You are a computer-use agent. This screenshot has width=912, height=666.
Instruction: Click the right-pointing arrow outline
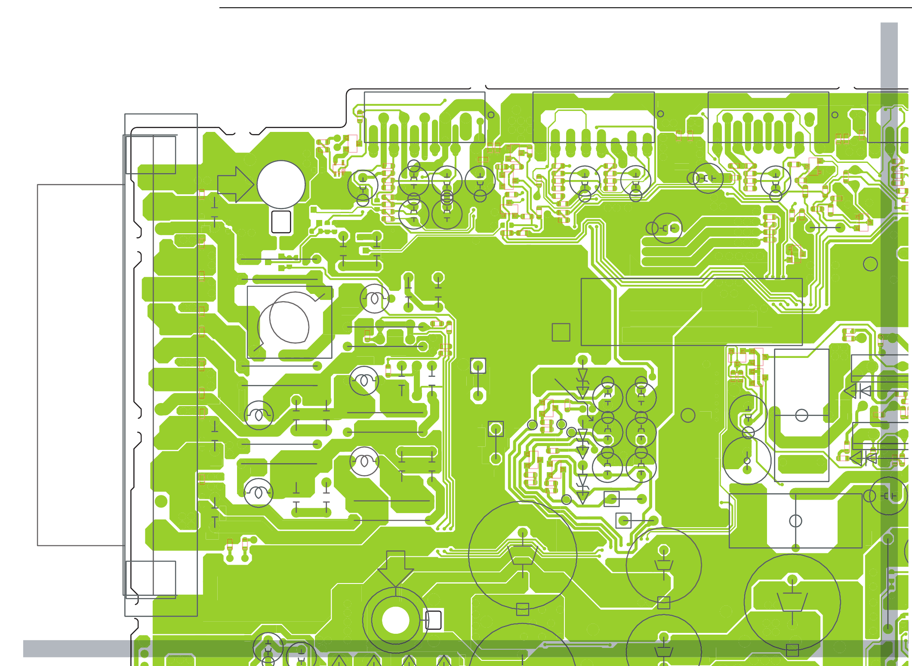(x=235, y=185)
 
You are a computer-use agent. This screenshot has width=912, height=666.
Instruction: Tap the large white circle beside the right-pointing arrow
(x=281, y=185)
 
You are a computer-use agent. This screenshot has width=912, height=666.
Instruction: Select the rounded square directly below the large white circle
(x=281, y=222)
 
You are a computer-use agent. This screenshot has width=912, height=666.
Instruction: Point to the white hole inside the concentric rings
(x=395, y=620)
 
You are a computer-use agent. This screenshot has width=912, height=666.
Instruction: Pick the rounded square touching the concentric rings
(x=434, y=620)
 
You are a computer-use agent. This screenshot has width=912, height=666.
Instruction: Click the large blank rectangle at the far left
(x=81, y=365)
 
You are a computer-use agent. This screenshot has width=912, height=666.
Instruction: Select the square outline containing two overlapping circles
(x=289, y=322)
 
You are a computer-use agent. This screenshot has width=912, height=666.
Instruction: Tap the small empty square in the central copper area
(x=561, y=332)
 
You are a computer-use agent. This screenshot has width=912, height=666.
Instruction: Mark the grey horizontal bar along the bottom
(x=430, y=648)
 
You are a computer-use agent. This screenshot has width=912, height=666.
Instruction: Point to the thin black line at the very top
(x=559, y=8)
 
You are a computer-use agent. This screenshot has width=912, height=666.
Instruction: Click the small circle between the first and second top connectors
(x=491, y=115)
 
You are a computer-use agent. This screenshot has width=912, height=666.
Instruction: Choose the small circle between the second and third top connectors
(x=660, y=114)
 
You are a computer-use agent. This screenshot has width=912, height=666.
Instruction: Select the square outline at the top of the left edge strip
(x=151, y=155)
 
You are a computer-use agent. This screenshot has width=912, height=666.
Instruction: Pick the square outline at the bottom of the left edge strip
(x=151, y=580)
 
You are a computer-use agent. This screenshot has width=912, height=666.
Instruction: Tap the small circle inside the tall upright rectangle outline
(x=801, y=415)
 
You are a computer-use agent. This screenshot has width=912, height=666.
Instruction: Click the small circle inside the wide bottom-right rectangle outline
(x=795, y=521)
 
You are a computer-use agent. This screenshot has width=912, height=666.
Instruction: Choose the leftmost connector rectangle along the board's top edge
(x=424, y=117)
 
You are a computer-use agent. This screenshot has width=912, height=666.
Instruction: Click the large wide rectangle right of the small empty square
(x=691, y=312)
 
